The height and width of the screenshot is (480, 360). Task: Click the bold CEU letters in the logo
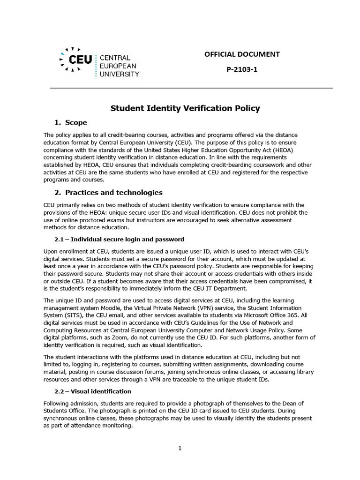click(x=80, y=60)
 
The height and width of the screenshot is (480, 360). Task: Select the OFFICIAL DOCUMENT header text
click(x=242, y=54)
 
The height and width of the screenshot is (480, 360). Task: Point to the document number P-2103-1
click(x=242, y=70)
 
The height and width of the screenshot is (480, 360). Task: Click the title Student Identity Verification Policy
click(x=185, y=108)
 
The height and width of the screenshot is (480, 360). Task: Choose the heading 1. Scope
click(x=71, y=123)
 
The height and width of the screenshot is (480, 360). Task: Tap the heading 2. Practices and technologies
click(x=109, y=193)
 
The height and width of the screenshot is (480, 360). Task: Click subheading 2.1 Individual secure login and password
click(x=120, y=240)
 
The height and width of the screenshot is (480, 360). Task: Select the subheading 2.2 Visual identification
click(x=93, y=391)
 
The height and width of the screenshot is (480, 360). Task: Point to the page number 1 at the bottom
click(x=180, y=449)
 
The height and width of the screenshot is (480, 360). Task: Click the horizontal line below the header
click(x=191, y=88)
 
